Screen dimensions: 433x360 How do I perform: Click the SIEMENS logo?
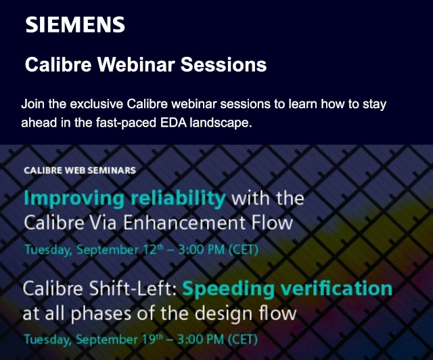point(75,24)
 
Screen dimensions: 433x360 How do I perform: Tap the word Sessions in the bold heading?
point(223,64)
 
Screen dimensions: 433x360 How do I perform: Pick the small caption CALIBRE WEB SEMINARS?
point(80,171)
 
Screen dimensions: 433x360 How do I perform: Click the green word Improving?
point(74,199)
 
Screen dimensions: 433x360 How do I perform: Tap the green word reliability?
point(178,198)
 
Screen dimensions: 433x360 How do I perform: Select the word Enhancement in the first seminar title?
point(184,223)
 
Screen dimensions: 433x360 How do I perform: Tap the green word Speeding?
point(229,290)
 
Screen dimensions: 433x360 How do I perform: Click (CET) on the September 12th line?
point(244,250)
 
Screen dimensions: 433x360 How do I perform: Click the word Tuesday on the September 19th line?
point(47,339)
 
